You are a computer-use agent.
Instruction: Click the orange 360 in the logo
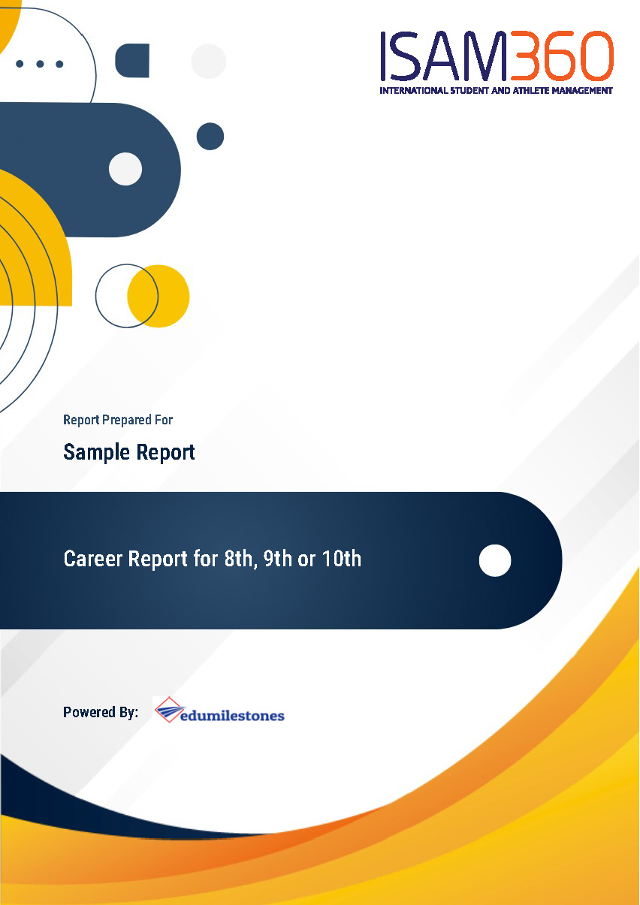(x=561, y=56)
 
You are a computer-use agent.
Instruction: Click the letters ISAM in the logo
(x=444, y=56)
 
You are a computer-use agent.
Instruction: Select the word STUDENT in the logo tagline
(x=469, y=90)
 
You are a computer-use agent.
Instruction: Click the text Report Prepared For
(x=118, y=420)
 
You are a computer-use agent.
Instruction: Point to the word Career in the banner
(x=93, y=559)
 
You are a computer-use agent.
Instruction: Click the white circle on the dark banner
(x=495, y=560)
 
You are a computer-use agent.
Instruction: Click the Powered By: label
(x=101, y=712)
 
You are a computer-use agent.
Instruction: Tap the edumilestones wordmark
(x=232, y=716)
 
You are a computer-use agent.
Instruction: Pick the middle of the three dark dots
(x=40, y=64)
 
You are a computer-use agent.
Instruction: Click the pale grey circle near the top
(x=209, y=62)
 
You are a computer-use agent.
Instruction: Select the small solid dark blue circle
(x=210, y=137)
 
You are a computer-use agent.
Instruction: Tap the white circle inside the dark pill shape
(x=125, y=169)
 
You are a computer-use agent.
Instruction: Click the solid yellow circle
(x=158, y=296)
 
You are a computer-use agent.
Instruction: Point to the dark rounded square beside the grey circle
(x=132, y=61)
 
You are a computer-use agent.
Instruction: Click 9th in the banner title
(x=278, y=559)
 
